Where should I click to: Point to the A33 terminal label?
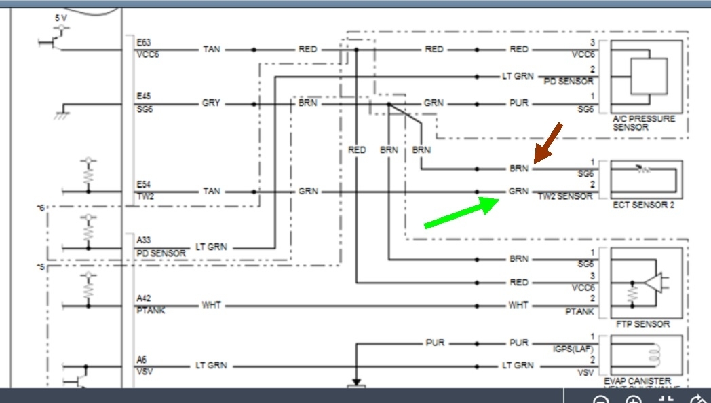[x=144, y=239]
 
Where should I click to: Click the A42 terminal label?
[x=144, y=298]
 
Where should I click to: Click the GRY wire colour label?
[x=211, y=104]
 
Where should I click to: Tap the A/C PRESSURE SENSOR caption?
[x=644, y=122]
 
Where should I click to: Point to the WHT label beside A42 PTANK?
[x=211, y=306]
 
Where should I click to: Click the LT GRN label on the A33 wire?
[x=211, y=247]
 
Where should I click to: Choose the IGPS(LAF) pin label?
[x=573, y=349]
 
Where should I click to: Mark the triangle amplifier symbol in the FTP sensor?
[x=654, y=283]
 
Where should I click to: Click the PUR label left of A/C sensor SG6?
[x=518, y=104]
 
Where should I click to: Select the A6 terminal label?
[x=141, y=359]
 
